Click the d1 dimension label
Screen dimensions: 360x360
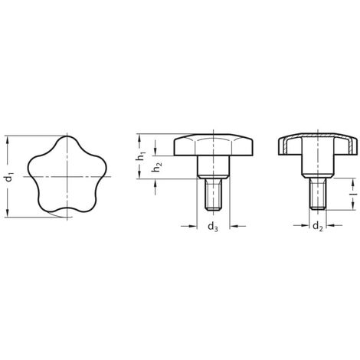[9, 178]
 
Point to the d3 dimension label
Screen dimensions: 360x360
[214, 227]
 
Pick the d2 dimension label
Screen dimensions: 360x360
[316, 227]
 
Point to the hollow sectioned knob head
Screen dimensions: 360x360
[316, 146]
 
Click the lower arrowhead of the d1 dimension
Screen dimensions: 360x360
[9, 215]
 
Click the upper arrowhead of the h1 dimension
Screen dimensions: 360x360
[140, 137]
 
